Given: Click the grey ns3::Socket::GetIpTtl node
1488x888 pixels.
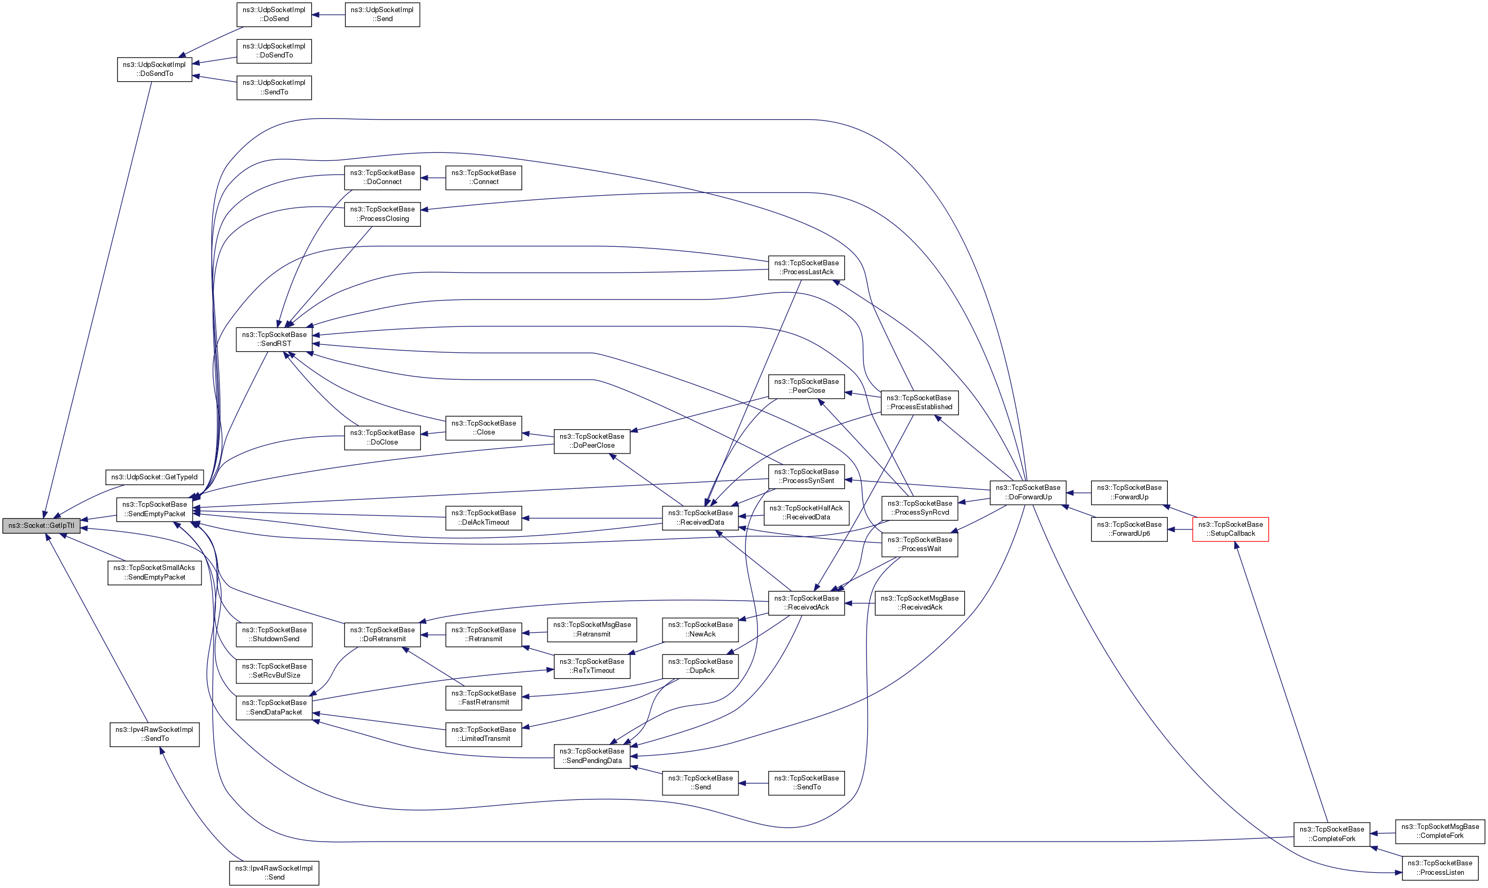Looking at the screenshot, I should pyautogui.click(x=41, y=525).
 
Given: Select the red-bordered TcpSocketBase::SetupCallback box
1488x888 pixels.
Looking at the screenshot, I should pyautogui.click(x=1230, y=529).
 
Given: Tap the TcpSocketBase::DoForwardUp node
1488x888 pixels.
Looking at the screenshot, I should pyautogui.click(x=1027, y=492).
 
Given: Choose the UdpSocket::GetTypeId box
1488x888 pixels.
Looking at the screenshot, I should pyautogui.click(x=155, y=477).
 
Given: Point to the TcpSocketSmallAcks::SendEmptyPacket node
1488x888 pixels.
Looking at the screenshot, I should pyautogui.click(x=155, y=572).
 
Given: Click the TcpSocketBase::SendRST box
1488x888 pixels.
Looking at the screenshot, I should pyautogui.click(x=274, y=339).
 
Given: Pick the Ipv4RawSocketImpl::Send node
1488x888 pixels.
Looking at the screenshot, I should pyautogui.click(x=274, y=872).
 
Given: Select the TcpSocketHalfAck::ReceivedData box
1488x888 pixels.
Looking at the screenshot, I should pyautogui.click(x=807, y=512).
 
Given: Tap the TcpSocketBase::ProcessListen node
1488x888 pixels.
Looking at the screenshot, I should pyautogui.click(x=1439, y=867).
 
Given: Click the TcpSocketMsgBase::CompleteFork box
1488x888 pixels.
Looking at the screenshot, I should pyautogui.click(x=1439, y=831).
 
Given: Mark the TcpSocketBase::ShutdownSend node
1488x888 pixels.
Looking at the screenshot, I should pyautogui.click(x=274, y=634).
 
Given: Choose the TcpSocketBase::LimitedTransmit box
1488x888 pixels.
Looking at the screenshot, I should pyautogui.click(x=484, y=733).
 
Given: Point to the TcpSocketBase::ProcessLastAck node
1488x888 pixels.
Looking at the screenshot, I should pyautogui.click(x=807, y=267).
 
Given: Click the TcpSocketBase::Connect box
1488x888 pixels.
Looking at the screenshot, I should pyautogui.click(x=484, y=177).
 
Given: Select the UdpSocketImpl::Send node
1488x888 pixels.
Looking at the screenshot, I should pyautogui.click(x=382, y=14).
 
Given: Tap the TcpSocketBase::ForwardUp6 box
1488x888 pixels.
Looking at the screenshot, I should pyautogui.click(x=1129, y=529).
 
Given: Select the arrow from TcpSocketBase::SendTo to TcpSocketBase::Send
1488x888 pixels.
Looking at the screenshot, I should pyautogui.click(x=753, y=783).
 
